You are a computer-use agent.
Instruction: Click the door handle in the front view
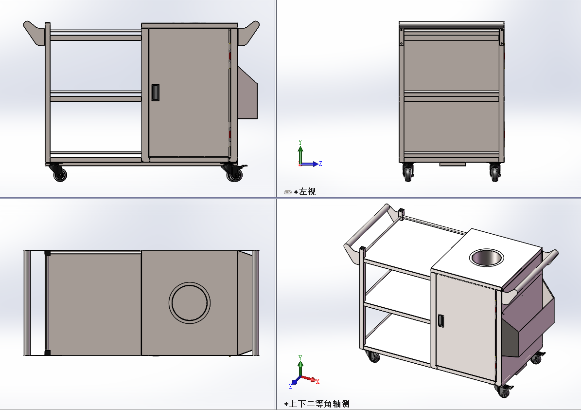pyautogui.click(x=155, y=93)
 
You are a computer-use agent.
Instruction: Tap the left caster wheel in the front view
pyautogui.click(x=60, y=174)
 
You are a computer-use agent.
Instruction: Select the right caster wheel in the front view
pyautogui.click(x=234, y=174)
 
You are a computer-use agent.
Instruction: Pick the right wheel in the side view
pyautogui.click(x=495, y=173)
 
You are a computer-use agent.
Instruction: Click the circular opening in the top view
pyautogui.click(x=190, y=302)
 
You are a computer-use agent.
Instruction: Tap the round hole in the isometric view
pyautogui.click(x=485, y=258)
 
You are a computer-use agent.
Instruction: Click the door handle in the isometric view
pyautogui.click(x=440, y=320)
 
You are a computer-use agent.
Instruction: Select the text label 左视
pyautogui.click(x=307, y=192)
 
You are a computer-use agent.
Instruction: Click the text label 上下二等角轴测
pyautogui.click(x=319, y=404)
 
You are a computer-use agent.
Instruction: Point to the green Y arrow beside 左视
pyautogui.click(x=300, y=149)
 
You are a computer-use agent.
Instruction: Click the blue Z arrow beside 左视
pyautogui.click(x=313, y=164)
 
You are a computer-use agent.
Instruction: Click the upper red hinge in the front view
pyautogui.click(x=230, y=56)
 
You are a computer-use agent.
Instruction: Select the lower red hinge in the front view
pyautogui.click(x=230, y=134)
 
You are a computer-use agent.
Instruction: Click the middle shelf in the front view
pyautogui.click(x=96, y=96)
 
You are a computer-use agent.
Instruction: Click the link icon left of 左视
pyautogui.click(x=287, y=192)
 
